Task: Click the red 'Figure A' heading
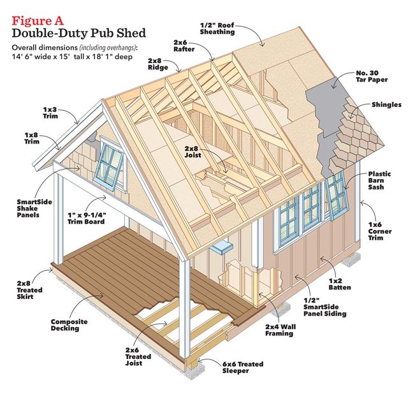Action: (x=39, y=20)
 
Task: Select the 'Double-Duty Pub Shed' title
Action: (x=78, y=33)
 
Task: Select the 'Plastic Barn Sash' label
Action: (x=381, y=180)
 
